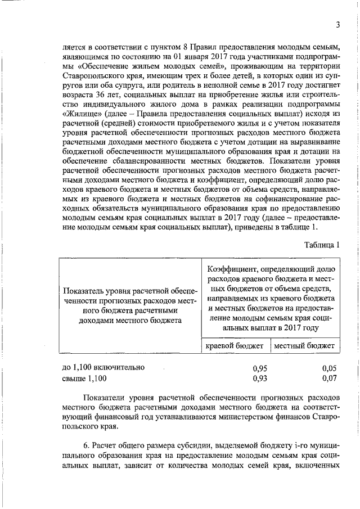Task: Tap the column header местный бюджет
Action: pyautogui.click(x=304, y=345)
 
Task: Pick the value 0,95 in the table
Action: pyautogui.click(x=259, y=368)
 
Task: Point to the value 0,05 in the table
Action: pyautogui.click(x=329, y=368)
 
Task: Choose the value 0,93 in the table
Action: pyautogui.click(x=259, y=378)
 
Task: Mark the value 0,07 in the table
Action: pyautogui.click(x=329, y=378)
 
